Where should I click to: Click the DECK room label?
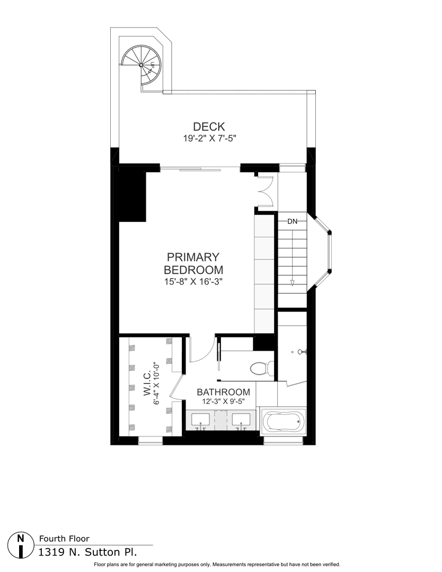click(x=209, y=127)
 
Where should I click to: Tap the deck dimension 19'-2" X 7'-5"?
click(x=209, y=139)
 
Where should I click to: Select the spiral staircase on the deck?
click(x=141, y=64)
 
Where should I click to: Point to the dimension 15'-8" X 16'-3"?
click(x=193, y=282)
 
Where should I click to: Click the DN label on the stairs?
click(x=292, y=221)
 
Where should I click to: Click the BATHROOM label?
click(x=223, y=392)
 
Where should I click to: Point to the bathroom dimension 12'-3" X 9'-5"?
click(x=223, y=401)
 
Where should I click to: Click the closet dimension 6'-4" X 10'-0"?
click(x=157, y=388)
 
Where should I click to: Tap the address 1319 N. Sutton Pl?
click(x=88, y=552)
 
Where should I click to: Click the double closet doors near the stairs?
click(x=264, y=191)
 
